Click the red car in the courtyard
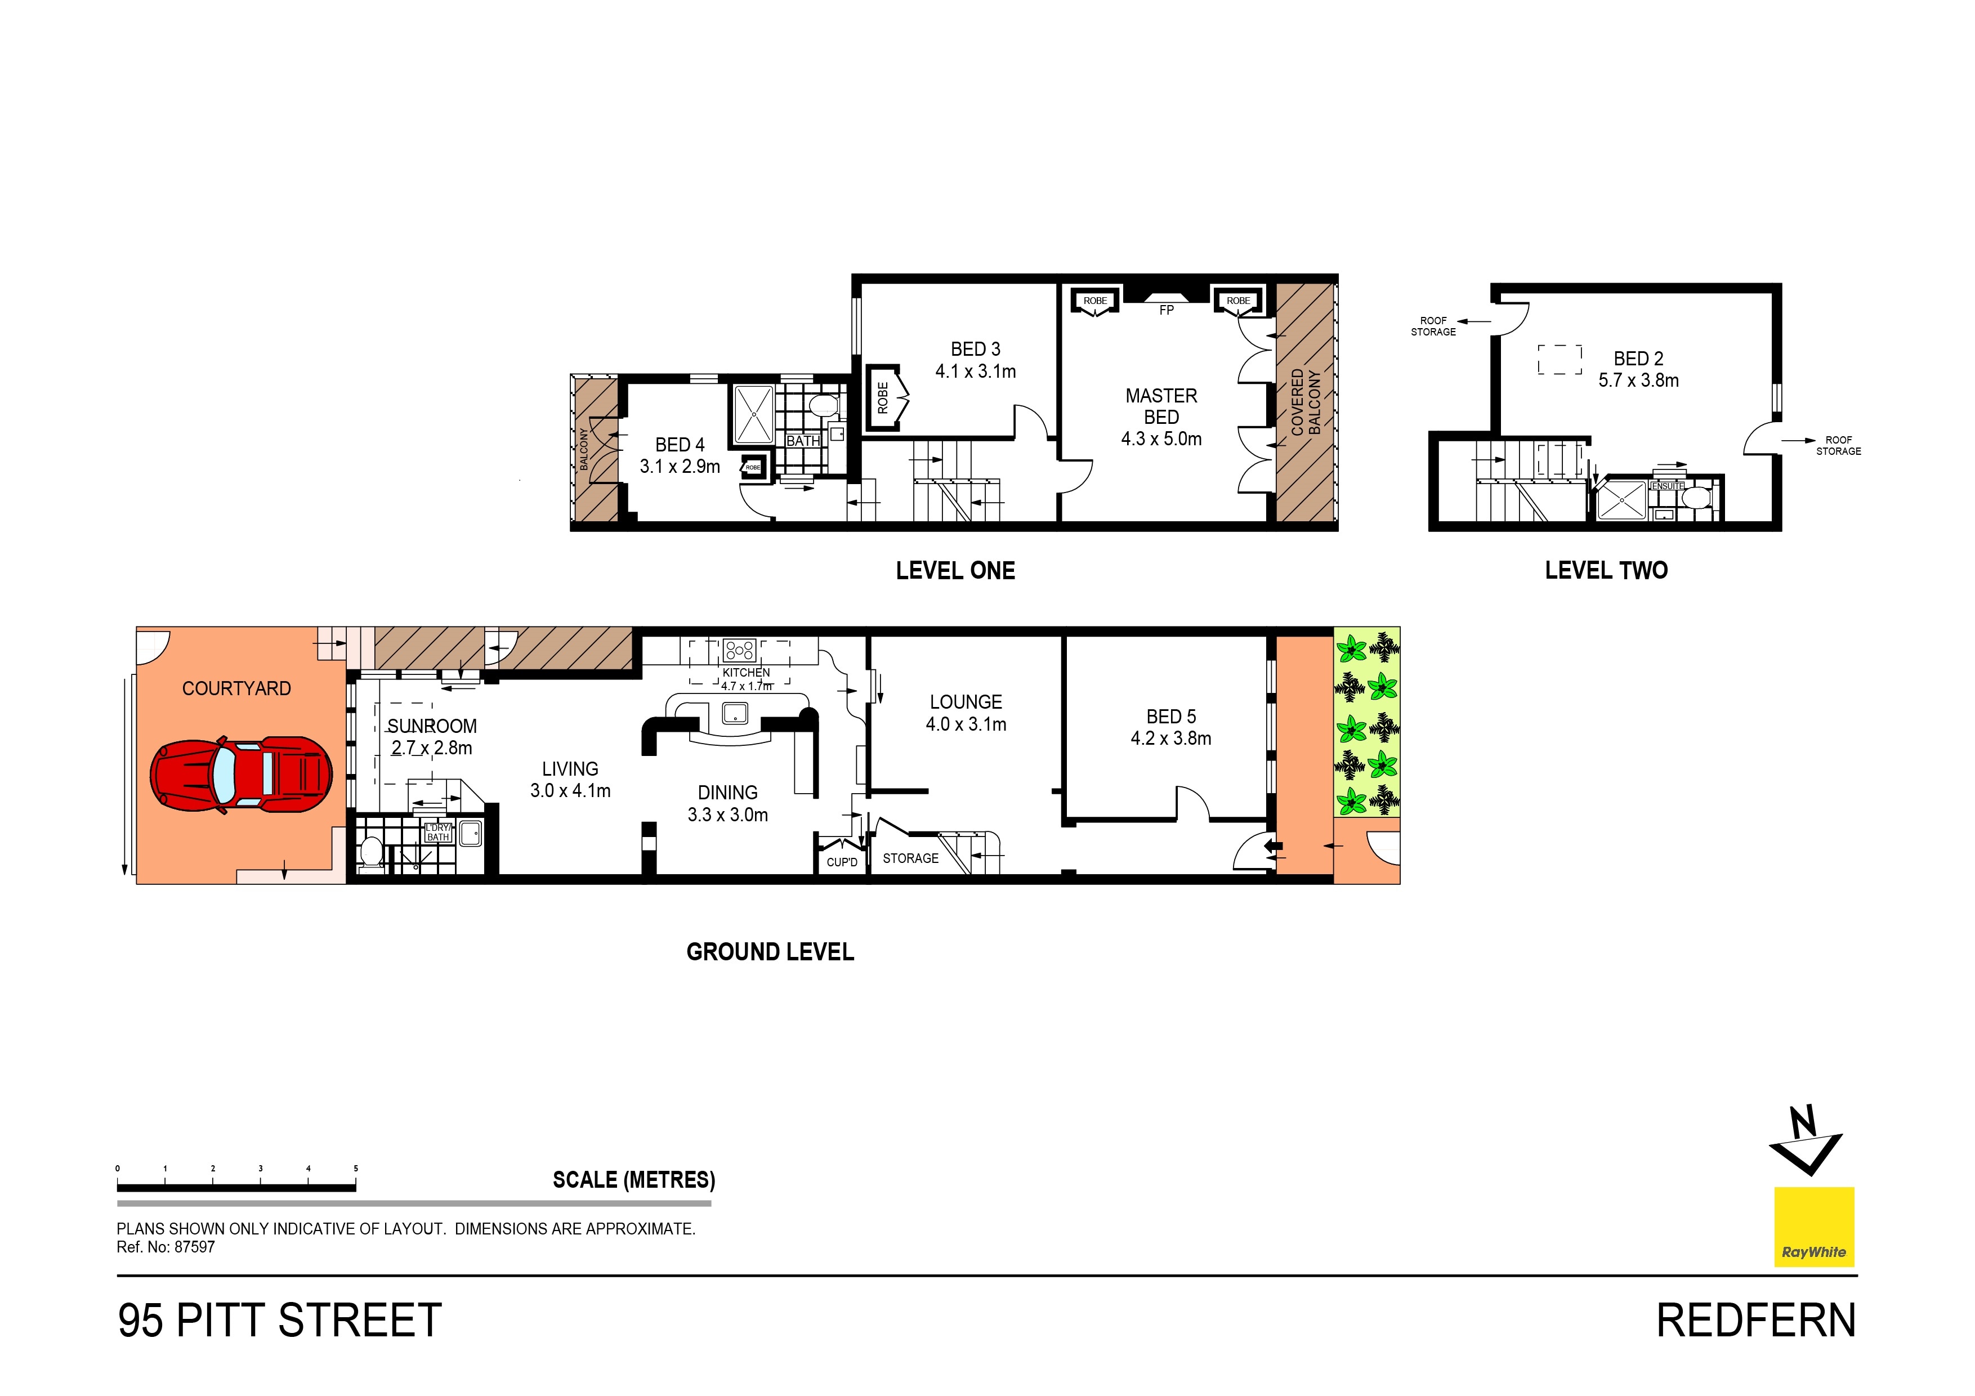pyautogui.click(x=241, y=773)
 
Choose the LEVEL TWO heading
pyautogui.click(x=1606, y=570)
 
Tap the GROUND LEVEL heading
pyautogui.click(x=770, y=952)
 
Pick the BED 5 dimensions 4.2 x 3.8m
pyautogui.click(x=1170, y=738)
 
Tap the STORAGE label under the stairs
pyautogui.click(x=911, y=858)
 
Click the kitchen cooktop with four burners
pyautogui.click(x=739, y=650)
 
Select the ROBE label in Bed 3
pyautogui.click(x=883, y=397)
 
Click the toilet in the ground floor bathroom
pyautogui.click(x=371, y=852)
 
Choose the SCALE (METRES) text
pyautogui.click(x=634, y=1180)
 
